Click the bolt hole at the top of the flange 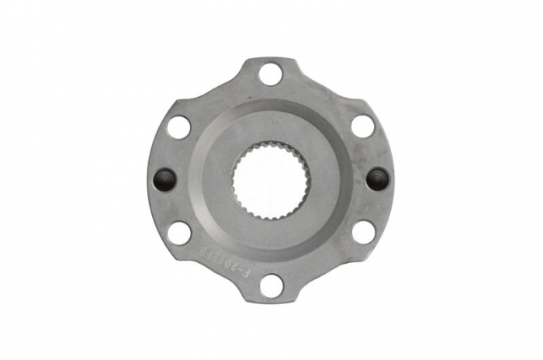(271, 74)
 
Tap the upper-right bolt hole (361, 126)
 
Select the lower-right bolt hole (362, 231)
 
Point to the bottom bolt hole (271, 284)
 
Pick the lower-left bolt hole (179, 231)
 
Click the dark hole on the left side (164, 179)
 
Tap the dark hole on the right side (377, 179)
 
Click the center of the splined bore (271, 179)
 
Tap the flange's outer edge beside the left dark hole (147, 179)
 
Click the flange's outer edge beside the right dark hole (394, 179)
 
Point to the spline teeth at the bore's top (271, 144)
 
